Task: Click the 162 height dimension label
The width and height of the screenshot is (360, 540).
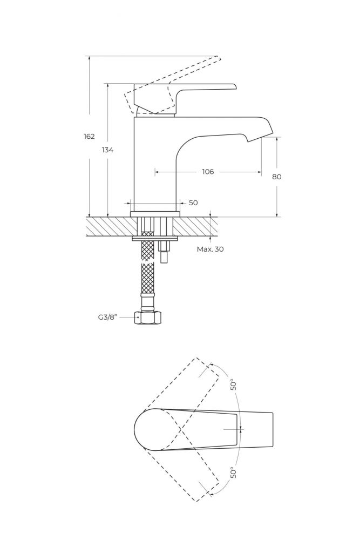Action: [x=89, y=137]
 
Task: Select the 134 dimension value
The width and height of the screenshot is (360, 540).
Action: [x=108, y=150]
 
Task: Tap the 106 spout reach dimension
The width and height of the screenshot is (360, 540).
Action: [x=208, y=172]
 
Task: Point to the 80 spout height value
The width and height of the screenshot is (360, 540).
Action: [x=277, y=177]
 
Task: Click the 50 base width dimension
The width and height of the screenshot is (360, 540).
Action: [x=193, y=203]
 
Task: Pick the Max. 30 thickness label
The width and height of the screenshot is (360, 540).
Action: [x=210, y=249]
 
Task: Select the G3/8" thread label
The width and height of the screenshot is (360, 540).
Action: [x=108, y=317]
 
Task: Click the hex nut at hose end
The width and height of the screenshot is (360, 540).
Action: [x=147, y=318]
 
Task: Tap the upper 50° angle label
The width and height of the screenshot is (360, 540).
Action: [x=234, y=384]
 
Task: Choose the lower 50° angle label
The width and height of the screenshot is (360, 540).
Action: [x=234, y=473]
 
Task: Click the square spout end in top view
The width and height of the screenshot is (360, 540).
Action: [x=272, y=430]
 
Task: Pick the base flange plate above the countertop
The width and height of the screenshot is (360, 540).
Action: [x=155, y=214]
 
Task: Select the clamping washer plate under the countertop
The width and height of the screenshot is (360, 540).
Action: [x=155, y=238]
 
